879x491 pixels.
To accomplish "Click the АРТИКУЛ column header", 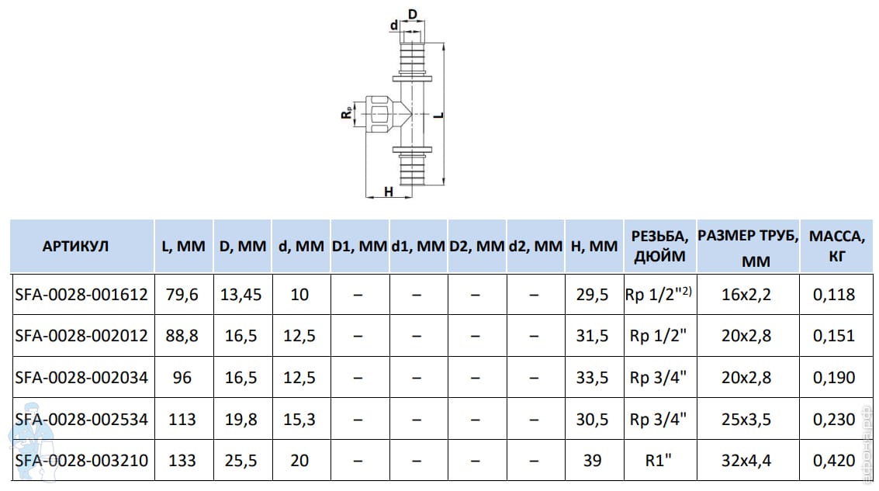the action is [75, 246].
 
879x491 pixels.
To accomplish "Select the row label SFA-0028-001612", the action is [81, 294].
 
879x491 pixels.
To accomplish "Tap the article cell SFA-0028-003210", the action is [81, 460].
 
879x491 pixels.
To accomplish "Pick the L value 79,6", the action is [182, 294].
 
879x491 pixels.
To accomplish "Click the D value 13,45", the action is [241, 294].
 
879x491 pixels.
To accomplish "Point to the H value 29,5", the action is [593, 294].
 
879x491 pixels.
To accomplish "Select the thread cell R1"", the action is [658, 460].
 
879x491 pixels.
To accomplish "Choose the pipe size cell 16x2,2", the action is [746, 294].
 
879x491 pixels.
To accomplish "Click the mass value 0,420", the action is [834, 460].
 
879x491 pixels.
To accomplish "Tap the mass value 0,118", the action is [834, 294].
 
